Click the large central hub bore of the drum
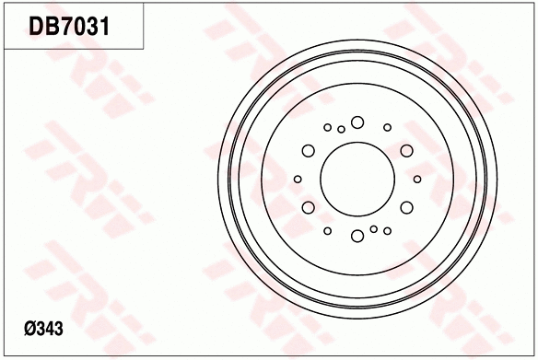[357, 179]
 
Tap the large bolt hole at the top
[357, 122]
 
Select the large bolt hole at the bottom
[357, 237]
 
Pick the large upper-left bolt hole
[308, 150]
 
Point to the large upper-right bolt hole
[406, 150]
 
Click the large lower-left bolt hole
[308, 207]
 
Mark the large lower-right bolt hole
[406, 207]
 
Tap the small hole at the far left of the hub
[297, 179]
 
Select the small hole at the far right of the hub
[417, 179]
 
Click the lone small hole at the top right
[387, 127]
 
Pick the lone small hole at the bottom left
[327, 230]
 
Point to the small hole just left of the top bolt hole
[341, 130]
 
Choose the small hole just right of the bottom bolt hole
[373, 227]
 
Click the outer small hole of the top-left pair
[327, 127]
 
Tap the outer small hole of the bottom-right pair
[387, 230]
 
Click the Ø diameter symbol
[29, 329]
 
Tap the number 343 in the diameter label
[50, 329]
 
